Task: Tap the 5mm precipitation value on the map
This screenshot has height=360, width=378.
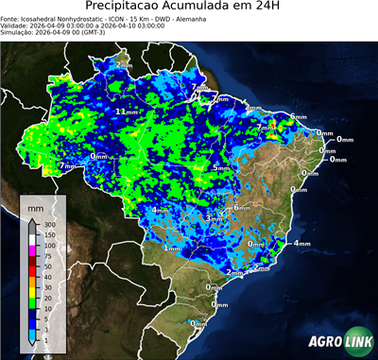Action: click(221, 168)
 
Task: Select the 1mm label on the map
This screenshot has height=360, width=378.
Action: click(173, 248)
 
